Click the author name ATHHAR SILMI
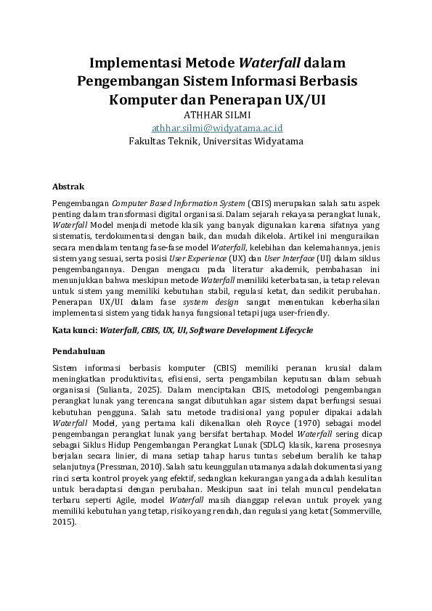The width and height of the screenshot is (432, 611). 216,114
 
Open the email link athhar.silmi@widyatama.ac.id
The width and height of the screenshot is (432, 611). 216,127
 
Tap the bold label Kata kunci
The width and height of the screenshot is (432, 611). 74,330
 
